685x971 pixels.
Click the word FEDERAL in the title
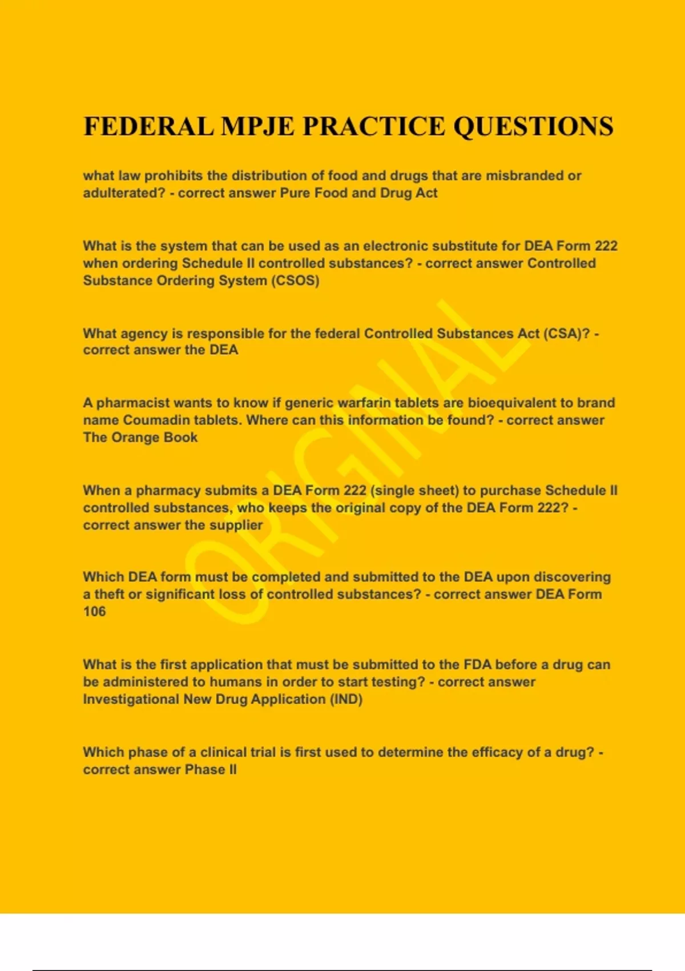[148, 127]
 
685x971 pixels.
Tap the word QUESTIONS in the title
[533, 127]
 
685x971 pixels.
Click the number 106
[95, 612]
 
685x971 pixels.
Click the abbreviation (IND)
[346, 700]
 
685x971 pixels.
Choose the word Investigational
[131, 700]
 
